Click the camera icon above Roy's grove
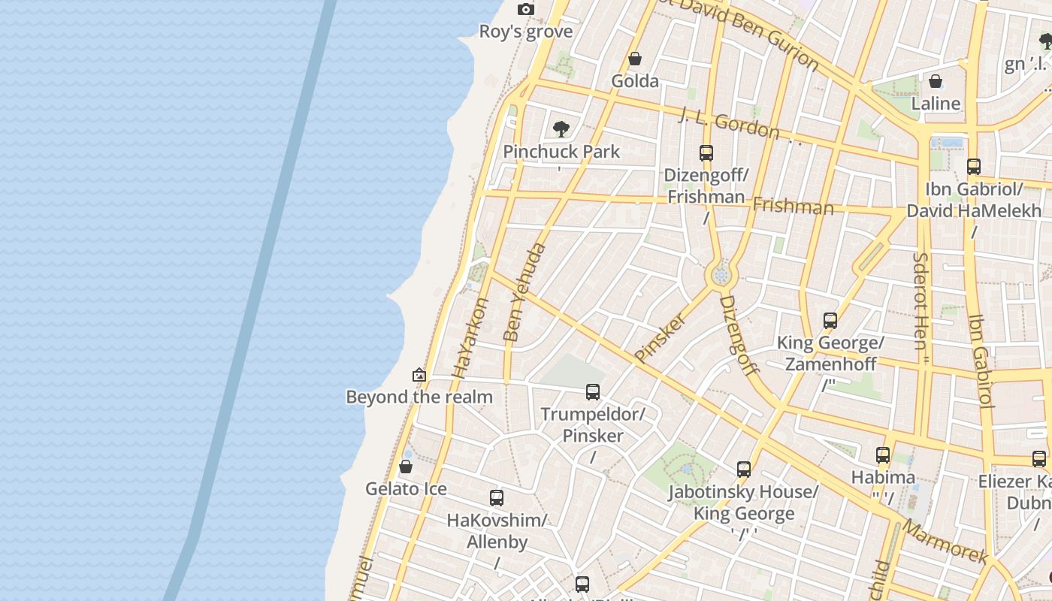tap(526, 9)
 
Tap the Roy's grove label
tap(526, 32)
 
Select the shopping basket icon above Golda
tap(635, 59)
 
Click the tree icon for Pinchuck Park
tap(561, 129)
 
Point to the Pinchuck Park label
tap(561, 152)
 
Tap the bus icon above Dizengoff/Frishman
tap(706, 153)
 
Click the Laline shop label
tap(936, 104)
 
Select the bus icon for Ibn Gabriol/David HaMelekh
tap(974, 167)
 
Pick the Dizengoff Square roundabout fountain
tap(721, 276)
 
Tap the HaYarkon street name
tap(471, 337)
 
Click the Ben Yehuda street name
tap(525, 292)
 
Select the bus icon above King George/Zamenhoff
tap(830, 321)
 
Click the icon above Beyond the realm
tap(419, 375)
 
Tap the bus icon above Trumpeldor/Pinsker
tap(593, 391)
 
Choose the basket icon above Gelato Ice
tap(406, 467)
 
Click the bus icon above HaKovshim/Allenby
tap(497, 497)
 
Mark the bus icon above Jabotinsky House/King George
tap(744, 470)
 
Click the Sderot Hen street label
tap(920, 300)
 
